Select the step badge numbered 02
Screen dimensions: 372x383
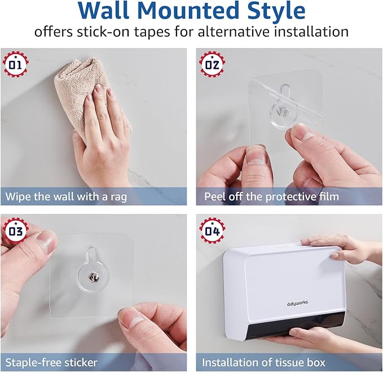pyautogui.click(x=212, y=63)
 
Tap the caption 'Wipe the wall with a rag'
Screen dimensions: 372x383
pyautogui.click(x=67, y=196)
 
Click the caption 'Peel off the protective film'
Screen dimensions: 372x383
pyautogui.click(x=271, y=196)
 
